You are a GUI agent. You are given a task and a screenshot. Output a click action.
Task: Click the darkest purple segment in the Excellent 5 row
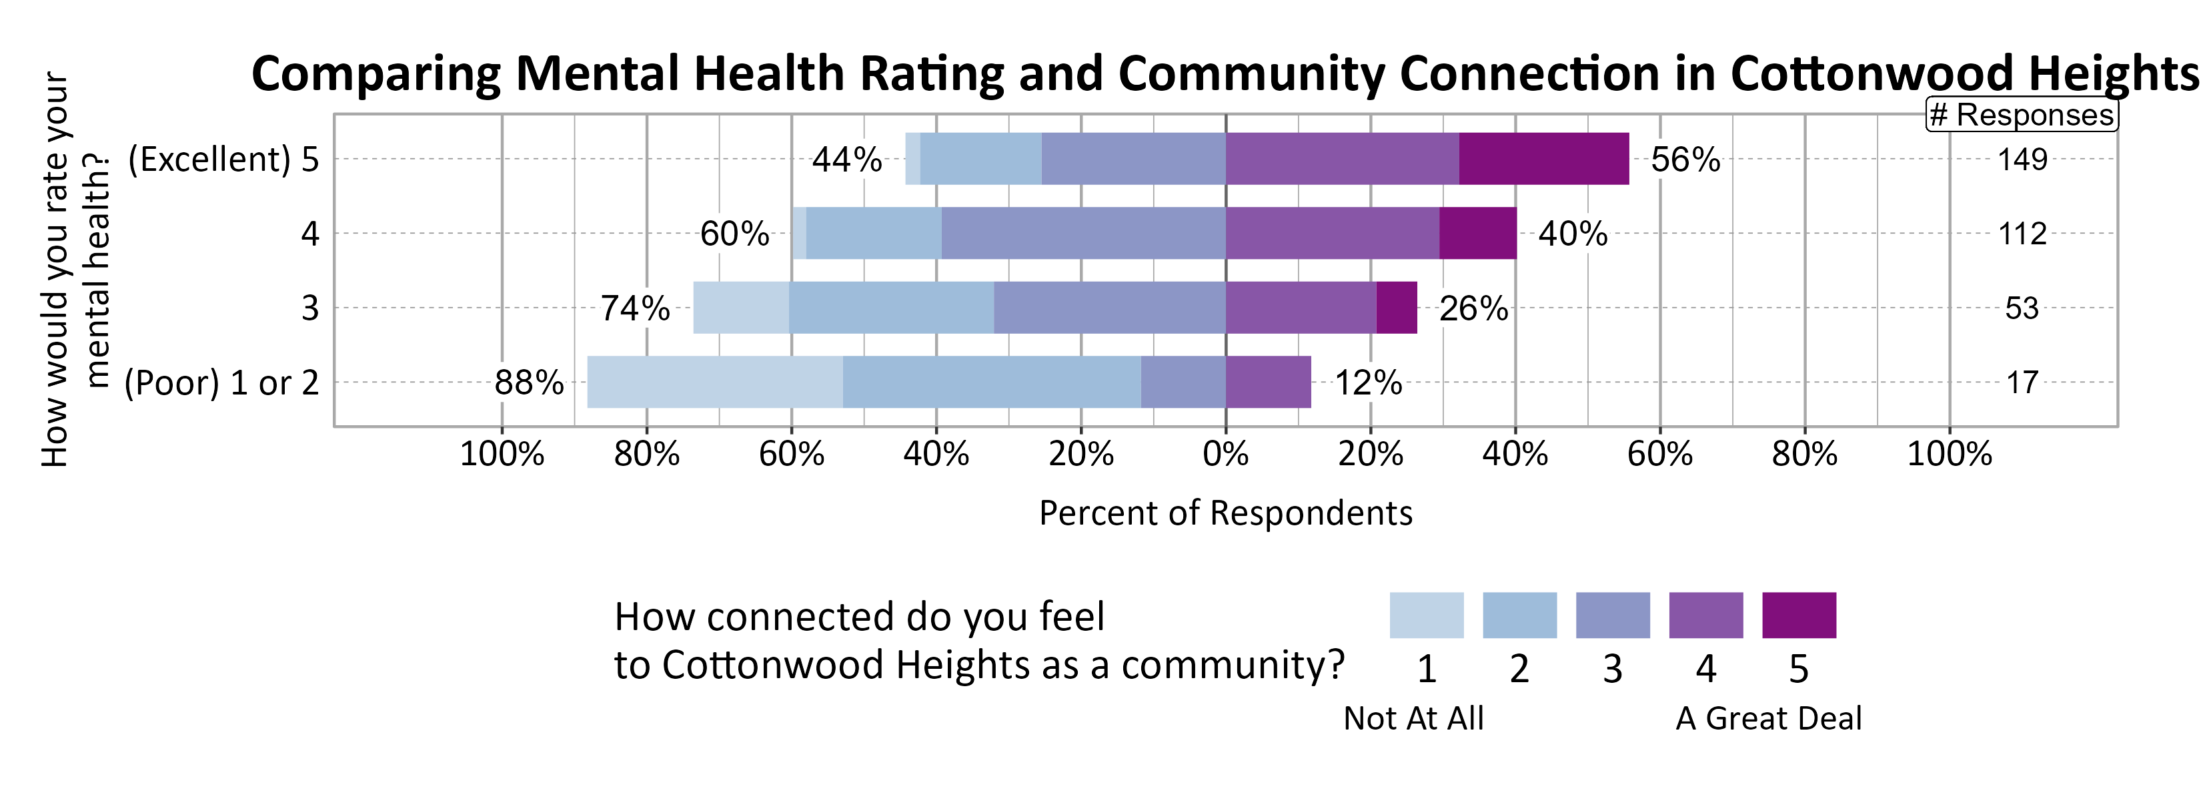pyautogui.click(x=1543, y=159)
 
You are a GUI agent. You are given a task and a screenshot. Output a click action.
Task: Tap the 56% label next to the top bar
pyautogui.click(x=1685, y=160)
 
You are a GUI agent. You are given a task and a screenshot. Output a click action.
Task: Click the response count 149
pyautogui.click(x=2022, y=160)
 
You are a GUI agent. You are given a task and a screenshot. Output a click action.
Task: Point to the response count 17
pyautogui.click(x=2022, y=382)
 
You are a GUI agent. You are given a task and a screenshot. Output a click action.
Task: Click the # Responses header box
pyautogui.click(x=2022, y=115)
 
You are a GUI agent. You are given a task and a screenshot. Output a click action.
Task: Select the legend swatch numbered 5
pyautogui.click(x=1799, y=615)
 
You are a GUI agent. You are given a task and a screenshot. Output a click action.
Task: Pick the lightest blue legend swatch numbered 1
pyautogui.click(x=1426, y=615)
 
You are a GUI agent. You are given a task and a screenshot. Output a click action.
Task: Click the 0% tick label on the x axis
pyautogui.click(x=1225, y=454)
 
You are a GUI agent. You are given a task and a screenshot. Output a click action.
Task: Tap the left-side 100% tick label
pyautogui.click(x=502, y=454)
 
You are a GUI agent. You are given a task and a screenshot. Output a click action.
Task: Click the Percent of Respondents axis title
pyautogui.click(x=1225, y=513)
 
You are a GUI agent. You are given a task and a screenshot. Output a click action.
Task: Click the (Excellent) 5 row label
pyautogui.click(x=223, y=160)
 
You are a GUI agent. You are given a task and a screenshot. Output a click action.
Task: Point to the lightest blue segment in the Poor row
pyautogui.click(x=714, y=382)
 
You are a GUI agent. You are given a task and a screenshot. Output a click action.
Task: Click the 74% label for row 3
pyautogui.click(x=635, y=308)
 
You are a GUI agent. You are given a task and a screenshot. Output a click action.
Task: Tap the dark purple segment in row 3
pyautogui.click(x=1396, y=308)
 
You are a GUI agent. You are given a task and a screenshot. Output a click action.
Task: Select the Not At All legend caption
pyautogui.click(x=1413, y=718)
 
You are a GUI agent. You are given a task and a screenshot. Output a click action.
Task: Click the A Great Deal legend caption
pyautogui.click(x=1768, y=718)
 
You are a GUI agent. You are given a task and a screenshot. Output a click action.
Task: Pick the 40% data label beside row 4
pyautogui.click(x=1572, y=234)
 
